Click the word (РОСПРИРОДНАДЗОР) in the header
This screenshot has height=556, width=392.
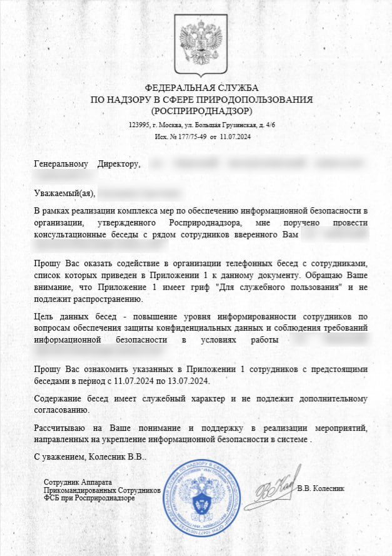(x=201, y=111)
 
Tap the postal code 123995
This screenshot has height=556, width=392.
(x=139, y=125)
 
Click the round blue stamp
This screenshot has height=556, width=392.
(x=201, y=498)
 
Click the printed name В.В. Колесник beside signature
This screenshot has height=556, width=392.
(x=321, y=488)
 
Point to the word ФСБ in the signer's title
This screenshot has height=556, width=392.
(x=51, y=498)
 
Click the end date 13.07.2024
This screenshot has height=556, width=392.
(x=191, y=381)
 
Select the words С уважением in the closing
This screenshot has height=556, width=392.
(x=57, y=457)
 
